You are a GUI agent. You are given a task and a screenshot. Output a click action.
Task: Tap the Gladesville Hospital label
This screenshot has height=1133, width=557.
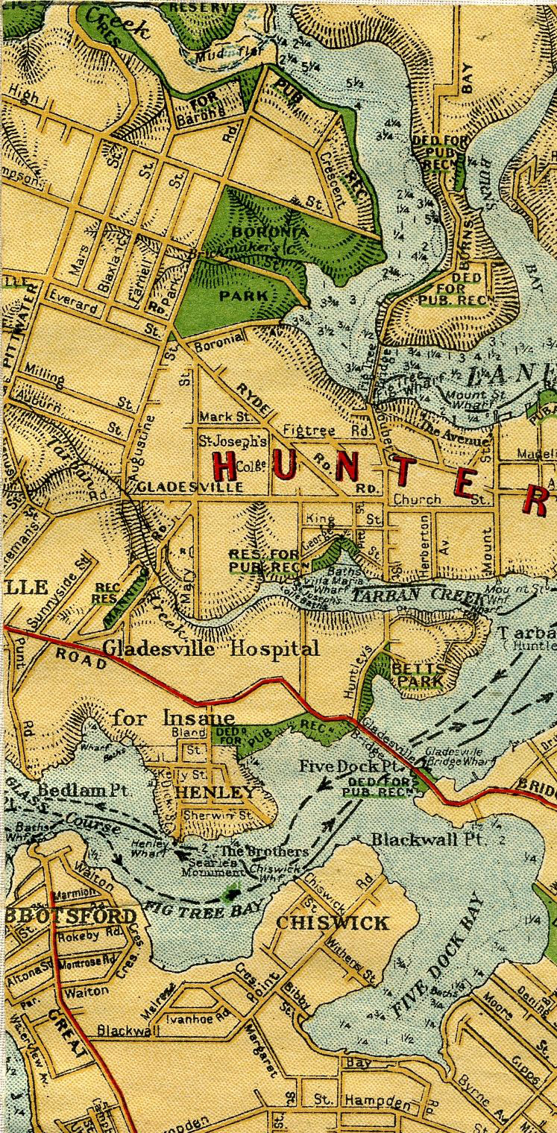(211, 648)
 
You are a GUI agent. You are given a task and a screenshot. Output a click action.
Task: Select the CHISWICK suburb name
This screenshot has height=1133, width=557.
(333, 923)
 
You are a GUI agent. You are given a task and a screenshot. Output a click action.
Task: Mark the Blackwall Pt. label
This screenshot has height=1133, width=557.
(418, 839)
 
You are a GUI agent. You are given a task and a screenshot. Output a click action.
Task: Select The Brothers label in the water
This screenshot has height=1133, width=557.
(254, 851)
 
